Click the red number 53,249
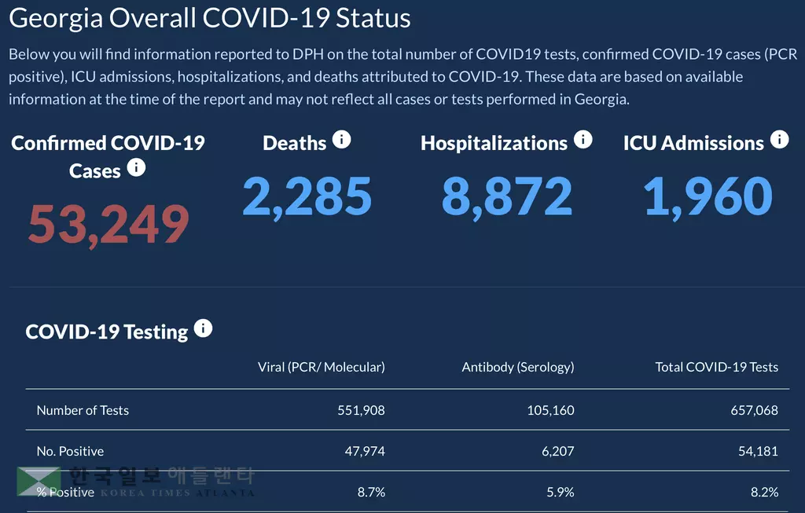point(108,224)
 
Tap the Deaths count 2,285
point(307,196)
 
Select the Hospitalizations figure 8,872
point(506,196)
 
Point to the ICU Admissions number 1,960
point(708,196)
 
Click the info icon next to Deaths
point(341,140)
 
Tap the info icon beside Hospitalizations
point(583,140)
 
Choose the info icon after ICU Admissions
point(779,140)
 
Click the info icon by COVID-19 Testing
point(203,328)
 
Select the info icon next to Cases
point(136,167)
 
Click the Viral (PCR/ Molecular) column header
point(321,367)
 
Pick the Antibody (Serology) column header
point(517,367)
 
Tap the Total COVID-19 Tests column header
point(716,367)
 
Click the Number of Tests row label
point(83,410)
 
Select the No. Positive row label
point(70,451)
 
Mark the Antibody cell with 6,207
point(557,451)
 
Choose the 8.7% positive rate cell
point(371,492)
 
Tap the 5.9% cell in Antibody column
point(560,492)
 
